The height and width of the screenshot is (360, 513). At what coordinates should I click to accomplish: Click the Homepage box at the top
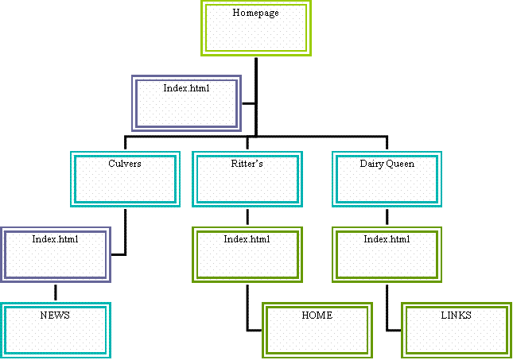256,28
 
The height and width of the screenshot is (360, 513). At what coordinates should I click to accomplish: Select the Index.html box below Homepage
187,103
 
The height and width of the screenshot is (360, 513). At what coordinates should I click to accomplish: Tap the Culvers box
124,179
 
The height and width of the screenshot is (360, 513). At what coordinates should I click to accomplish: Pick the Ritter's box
247,179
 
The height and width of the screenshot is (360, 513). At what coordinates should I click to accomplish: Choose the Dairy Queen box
387,179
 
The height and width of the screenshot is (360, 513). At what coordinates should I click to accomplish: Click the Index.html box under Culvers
55,254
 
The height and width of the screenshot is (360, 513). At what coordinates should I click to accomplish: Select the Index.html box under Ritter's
247,254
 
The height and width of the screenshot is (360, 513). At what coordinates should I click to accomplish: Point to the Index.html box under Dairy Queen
387,254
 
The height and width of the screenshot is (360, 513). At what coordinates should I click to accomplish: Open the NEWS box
55,330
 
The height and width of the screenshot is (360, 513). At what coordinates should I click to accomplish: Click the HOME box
317,327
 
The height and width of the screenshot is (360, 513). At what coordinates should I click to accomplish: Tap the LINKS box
457,327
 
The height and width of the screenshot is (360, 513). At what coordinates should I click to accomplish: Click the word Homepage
256,13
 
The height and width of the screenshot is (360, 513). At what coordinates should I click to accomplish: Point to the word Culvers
124,164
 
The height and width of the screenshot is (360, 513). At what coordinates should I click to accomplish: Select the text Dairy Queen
387,164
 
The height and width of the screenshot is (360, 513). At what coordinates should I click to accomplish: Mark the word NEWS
55,315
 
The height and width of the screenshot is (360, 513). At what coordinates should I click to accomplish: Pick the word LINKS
457,315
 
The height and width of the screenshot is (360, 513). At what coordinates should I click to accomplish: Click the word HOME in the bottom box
317,315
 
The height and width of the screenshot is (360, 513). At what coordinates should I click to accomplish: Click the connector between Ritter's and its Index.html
247,217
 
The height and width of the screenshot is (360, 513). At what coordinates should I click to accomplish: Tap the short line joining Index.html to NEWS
55,292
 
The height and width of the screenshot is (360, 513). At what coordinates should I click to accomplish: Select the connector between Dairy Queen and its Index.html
387,217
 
